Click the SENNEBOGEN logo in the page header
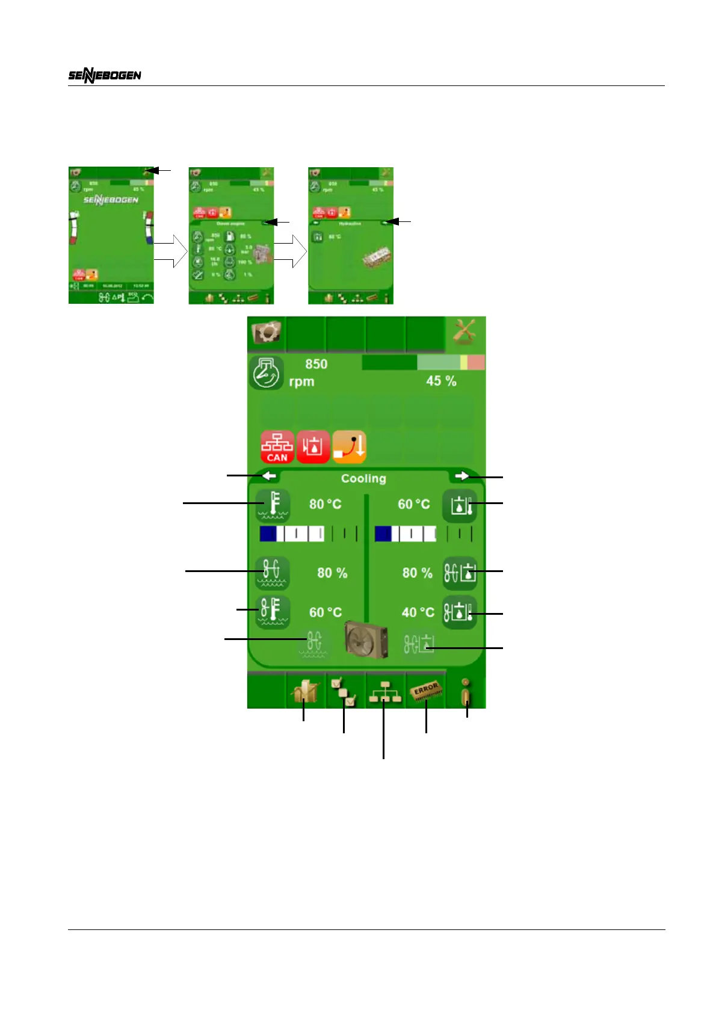[x=105, y=75]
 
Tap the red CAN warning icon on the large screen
[x=277, y=447]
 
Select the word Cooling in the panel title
[x=363, y=479]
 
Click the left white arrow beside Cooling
[x=269, y=476]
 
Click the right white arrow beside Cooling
[x=461, y=476]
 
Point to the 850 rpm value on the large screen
[x=315, y=365]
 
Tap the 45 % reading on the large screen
[x=441, y=381]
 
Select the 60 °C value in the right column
[x=414, y=505]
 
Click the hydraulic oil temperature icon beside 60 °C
[x=460, y=505]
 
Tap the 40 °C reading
[x=418, y=612]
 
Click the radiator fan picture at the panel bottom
[x=366, y=642]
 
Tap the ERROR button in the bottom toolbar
[x=426, y=691]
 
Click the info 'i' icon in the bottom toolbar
[x=466, y=692]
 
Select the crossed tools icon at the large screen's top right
[x=464, y=332]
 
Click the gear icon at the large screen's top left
[x=266, y=332]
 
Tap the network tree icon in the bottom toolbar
[x=385, y=692]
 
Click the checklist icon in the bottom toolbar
[x=344, y=692]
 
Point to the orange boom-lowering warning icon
[x=349, y=447]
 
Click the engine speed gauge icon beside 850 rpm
[x=266, y=373]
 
